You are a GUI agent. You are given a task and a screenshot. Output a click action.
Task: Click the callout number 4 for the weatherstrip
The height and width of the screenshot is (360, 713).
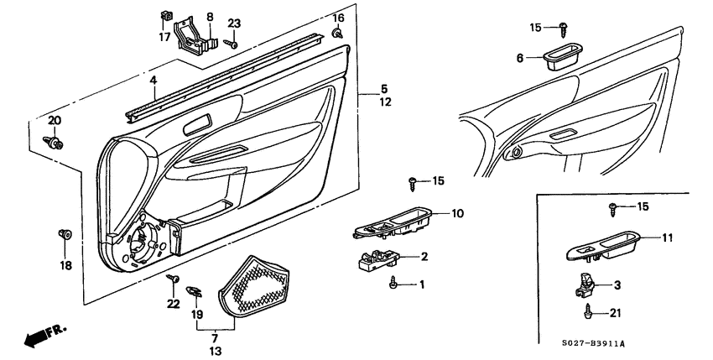(x=154, y=81)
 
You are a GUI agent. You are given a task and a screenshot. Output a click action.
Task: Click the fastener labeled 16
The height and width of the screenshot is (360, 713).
(x=336, y=33)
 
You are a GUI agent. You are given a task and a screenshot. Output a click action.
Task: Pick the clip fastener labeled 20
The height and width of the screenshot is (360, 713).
(x=55, y=143)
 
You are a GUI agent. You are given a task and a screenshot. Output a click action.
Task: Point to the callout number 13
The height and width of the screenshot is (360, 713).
(x=216, y=350)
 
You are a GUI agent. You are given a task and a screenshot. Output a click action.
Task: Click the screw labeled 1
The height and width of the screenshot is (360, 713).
(x=393, y=285)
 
